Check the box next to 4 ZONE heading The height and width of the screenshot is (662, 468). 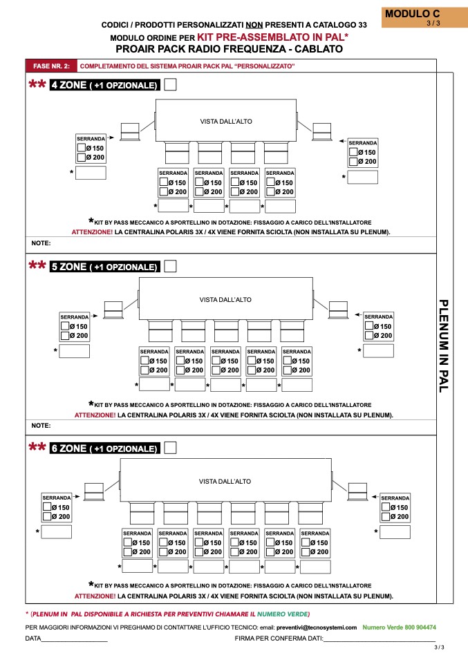[170, 85]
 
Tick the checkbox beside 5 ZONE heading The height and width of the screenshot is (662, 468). [170, 266]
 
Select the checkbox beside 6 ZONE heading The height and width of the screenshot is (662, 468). [170, 448]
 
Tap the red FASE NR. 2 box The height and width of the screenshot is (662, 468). [52, 66]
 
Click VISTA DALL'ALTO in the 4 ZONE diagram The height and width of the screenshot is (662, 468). [225, 122]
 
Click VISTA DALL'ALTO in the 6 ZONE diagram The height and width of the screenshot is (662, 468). [225, 482]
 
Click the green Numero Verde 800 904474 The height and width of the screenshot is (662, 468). [399, 627]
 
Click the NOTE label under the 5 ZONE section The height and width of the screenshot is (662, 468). [41, 426]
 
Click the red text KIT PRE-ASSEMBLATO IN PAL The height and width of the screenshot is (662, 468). [272, 37]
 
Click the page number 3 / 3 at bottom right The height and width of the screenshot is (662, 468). [439, 647]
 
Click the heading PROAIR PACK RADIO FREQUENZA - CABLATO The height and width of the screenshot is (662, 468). [229, 49]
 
